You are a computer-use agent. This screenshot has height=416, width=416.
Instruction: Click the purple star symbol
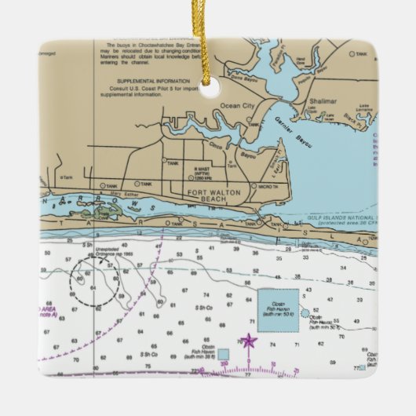249,341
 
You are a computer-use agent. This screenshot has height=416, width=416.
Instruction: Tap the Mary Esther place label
113,193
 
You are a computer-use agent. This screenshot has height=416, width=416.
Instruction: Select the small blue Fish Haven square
224,353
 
